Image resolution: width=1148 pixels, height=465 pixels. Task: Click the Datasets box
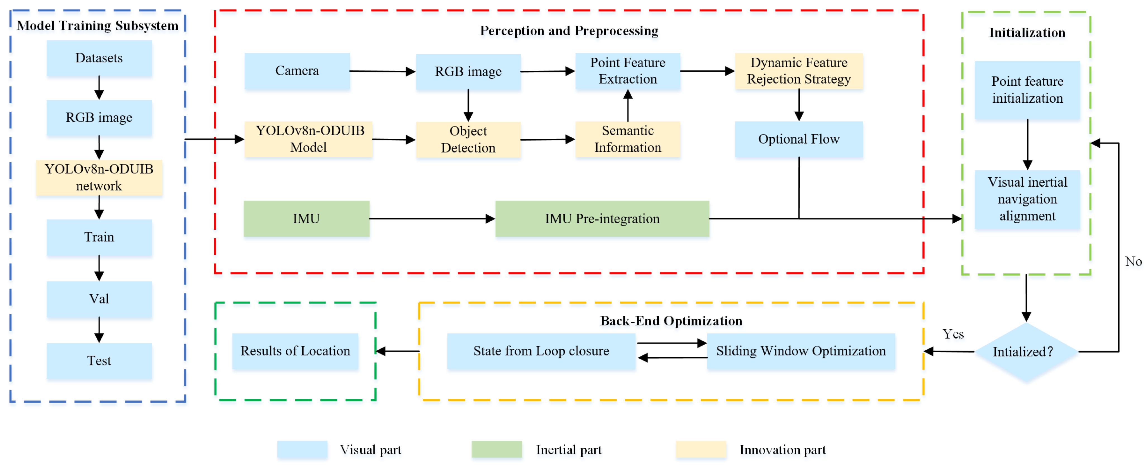(99, 58)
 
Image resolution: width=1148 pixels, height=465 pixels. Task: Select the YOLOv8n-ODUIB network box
(99, 177)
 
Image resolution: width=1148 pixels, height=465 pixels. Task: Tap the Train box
(99, 237)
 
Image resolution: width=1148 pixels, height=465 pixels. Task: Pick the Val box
(99, 299)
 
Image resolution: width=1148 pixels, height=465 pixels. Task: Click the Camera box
(297, 71)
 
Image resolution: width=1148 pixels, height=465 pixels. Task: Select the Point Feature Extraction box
(627, 71)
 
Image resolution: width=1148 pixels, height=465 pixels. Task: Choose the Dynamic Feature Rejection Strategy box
(799, 71)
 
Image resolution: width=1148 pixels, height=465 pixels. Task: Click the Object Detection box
(468, 139)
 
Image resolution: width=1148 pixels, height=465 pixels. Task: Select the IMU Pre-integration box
(602, 219)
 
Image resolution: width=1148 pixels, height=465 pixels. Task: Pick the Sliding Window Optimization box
(801, 351)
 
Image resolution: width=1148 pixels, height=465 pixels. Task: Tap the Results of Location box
(295, 351)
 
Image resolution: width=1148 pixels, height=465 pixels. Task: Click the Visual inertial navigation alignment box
(1027, 199)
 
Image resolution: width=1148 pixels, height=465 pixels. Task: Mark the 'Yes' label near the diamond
(953, 334)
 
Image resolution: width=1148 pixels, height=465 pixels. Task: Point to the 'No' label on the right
(1133, 262)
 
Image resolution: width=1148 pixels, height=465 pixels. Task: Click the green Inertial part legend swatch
(496, 449)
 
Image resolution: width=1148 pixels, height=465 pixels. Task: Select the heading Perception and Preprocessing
(569, 31)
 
